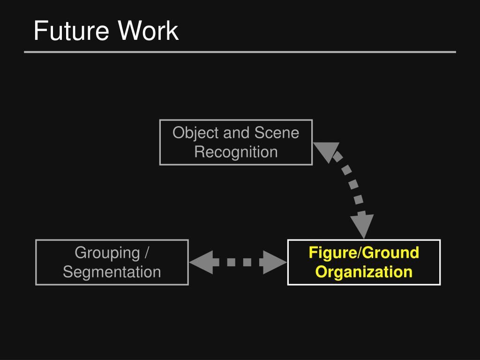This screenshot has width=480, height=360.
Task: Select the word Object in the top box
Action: (196, 133)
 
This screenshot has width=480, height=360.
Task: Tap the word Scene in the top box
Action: (277, 133)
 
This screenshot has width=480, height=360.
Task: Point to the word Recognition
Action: (236, 152)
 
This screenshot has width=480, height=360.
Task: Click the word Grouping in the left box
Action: (107, 253)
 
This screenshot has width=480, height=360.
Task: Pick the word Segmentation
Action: (112, 272)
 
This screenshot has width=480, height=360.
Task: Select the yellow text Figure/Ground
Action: (364, 253)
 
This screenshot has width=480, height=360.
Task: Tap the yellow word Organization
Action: (364, 272)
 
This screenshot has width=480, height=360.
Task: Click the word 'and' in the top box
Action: (237, 133)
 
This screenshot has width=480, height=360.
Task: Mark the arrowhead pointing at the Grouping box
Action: (200, 262)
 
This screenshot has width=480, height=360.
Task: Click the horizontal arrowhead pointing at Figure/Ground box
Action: (275, 262)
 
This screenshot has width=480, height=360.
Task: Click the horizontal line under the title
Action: (240, 52)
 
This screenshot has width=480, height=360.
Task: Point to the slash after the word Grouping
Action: (147, 253)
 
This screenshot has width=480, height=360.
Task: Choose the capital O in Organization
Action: (321, 272)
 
